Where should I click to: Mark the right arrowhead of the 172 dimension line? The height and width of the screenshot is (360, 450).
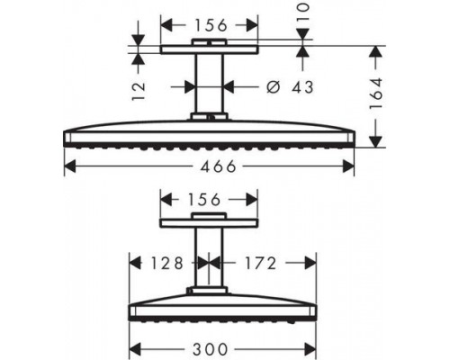[313, 263]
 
